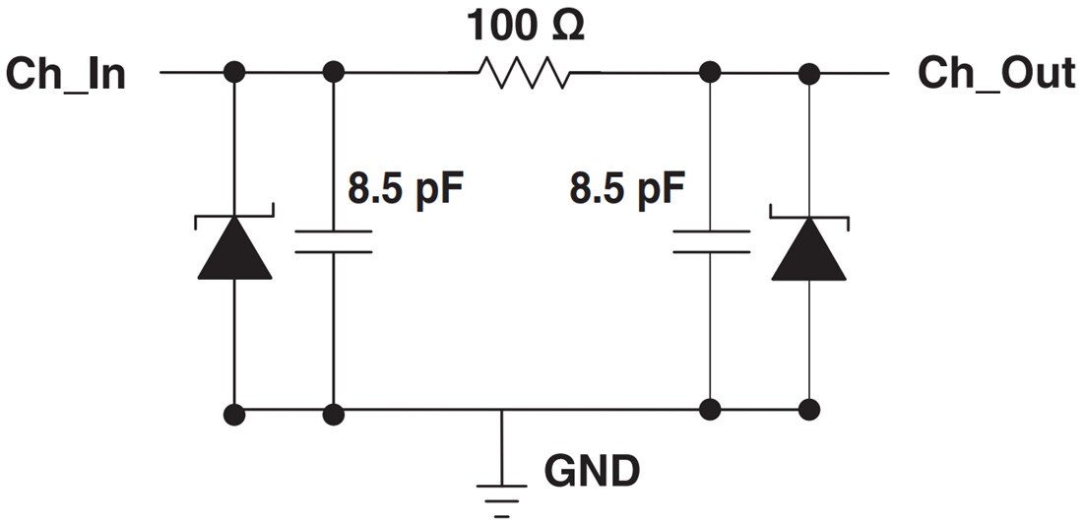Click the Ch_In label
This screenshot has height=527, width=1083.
(66, 74)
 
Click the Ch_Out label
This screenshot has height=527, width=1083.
(995, 74)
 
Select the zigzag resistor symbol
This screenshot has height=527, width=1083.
(523, 73)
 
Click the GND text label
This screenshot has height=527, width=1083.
(592, 472)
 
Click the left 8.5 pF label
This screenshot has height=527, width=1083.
(405, 187)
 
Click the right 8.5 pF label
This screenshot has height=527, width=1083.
(626, 187)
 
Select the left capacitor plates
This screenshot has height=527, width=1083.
(334, 242)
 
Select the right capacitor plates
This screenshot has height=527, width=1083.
(711, 242)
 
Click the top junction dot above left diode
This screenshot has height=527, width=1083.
(234, 72)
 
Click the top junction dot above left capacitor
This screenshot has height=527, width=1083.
(334, 72)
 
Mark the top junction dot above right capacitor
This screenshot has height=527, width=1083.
(710, 72)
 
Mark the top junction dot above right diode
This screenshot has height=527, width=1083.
(809, 72)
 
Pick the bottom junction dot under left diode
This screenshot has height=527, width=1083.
(234, 413)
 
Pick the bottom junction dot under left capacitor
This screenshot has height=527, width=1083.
(334, 413)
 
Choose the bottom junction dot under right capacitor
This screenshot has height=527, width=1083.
(710, 409)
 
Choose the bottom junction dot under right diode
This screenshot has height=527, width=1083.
(809, 409)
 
